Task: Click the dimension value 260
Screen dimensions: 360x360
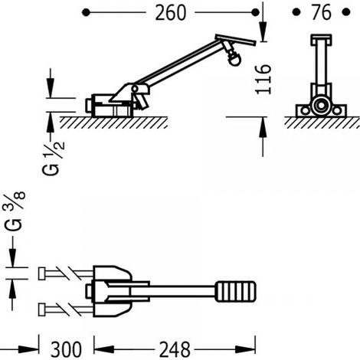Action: pyautogui.click(x=171, y=13)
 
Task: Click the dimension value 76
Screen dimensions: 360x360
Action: pyautogui.click(x=322, y=12)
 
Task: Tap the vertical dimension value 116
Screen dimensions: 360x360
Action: pyautogui.click(x=263, y=79)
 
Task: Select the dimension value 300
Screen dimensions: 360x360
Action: pyautogui.click(x=66, y=349)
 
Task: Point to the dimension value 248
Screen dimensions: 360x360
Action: pyautogui.click(x=175, y=349)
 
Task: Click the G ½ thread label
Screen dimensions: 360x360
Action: pyautogui.click(x=54, y=159)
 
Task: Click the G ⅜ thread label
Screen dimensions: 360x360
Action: pyautogui.click(x=15, y=211)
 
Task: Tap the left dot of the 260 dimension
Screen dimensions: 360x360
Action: pyautogui.click(x=87, y=12)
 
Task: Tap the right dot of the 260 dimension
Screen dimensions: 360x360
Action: pyautogui.click(x=255, y=12)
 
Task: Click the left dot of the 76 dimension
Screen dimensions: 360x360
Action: pyautogui.click(x=296, y=12)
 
